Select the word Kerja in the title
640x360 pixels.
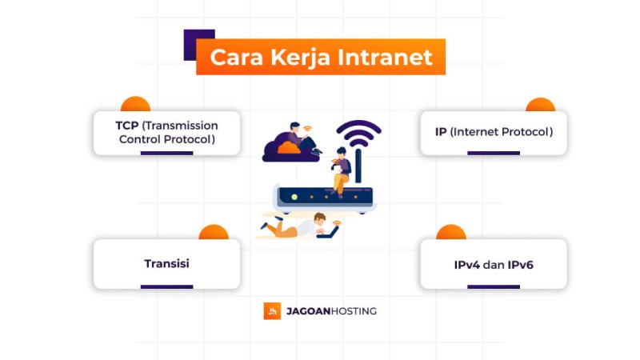click(x=296, y=58)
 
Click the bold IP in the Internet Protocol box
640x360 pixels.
click(x=440, y=132)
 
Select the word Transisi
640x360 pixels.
click(x=166, y=263)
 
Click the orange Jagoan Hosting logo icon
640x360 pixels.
click(x=272, y=310)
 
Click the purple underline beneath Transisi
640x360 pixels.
click(x=166, y=286)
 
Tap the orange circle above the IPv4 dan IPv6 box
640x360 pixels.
click(x=450, y=232)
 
